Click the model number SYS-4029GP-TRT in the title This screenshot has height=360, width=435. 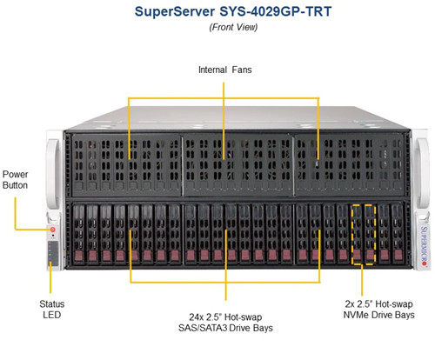275,12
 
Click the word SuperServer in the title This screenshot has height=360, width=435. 175,12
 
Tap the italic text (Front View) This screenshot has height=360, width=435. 233,27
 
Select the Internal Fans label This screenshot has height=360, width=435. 225,70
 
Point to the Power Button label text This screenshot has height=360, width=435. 15,180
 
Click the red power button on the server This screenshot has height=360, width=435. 53,230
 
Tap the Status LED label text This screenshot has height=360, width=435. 52,310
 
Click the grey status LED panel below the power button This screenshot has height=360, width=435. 53,253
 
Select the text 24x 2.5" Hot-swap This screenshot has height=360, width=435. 225,317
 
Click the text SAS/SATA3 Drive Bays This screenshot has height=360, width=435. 225,328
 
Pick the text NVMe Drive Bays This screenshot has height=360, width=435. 378,315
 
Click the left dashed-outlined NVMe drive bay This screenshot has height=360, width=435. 357,234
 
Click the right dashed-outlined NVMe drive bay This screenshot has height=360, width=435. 370,234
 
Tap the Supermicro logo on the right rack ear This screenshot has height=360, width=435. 424,246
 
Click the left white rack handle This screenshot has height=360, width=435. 53,173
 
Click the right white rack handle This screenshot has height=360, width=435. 423,173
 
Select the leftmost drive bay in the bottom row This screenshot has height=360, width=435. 79,234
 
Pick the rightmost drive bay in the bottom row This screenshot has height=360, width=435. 398,234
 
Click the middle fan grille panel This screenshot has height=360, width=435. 238,164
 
